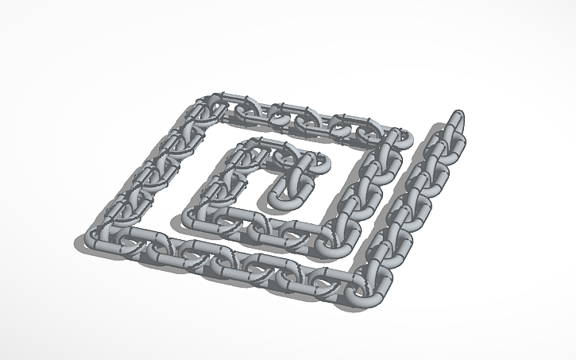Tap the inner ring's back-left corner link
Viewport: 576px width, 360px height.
click(253, 146)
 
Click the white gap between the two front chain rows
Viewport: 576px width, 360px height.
click(238, 238)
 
